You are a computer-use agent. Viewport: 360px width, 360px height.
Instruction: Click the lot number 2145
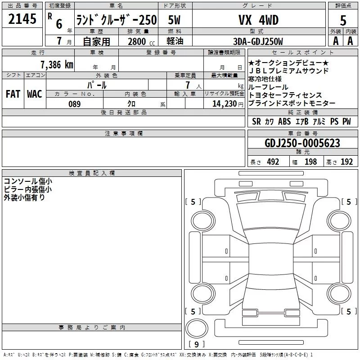click(x=22, y=19)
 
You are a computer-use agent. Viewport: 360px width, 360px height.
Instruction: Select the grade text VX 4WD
click(x=258, y=20)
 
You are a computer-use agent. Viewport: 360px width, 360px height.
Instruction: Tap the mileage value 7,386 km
click(x=57, y=64)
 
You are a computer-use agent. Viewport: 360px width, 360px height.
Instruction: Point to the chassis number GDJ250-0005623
click(x=302, y=143)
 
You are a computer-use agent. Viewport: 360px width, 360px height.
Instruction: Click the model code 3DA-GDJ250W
click(x=258, y=41)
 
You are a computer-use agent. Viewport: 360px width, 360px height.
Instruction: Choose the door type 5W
click(x=174, y=20)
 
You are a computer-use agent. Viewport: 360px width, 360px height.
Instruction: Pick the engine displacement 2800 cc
click(x=141, y=41)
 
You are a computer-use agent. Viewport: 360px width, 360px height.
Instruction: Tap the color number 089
click(x=75, y=104)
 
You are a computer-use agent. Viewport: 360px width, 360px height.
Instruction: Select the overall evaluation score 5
click(x=343, y=20)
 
